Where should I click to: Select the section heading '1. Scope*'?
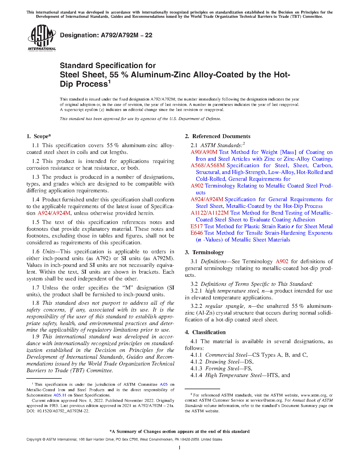[39, 136]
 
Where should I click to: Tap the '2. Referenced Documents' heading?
[218, 136]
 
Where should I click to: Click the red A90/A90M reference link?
[204, 152]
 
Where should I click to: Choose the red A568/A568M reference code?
[208, 166]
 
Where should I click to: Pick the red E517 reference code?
[197, 227]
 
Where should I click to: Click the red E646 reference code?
[197, 233]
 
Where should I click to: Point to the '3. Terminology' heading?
[204, 252]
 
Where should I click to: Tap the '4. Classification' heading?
[205, 332]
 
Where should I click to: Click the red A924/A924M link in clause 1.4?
[54, 213]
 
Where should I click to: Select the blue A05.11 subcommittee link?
[60, 395]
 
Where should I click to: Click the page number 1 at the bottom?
[180, 448]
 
